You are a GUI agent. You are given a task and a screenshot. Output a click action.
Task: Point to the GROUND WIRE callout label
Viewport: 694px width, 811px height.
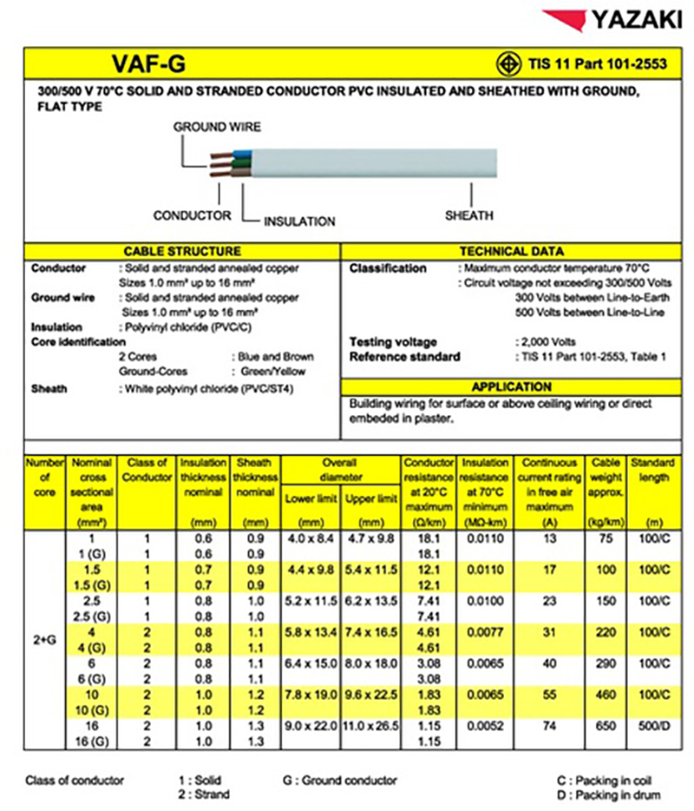pyautogui.click(x=217, y=127)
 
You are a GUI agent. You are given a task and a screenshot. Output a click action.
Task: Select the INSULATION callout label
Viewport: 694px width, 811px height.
pyautogui.click(x=299, y=221)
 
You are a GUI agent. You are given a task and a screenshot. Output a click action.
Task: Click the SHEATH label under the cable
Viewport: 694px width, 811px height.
pyautogui.click(x=468, y=215)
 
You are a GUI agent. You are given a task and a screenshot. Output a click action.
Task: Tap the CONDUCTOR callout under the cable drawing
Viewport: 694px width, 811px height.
pyautogui.click(x=192, y=215)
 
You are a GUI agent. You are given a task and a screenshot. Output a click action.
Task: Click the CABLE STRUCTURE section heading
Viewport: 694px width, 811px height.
pyautogui.click(x=182, y=251)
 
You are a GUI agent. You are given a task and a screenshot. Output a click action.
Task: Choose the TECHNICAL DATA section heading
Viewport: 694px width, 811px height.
pyautogui.click(x=516, y=251)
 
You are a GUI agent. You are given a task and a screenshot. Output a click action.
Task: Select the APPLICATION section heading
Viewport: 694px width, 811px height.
pyautogui.click(x=516, y=386)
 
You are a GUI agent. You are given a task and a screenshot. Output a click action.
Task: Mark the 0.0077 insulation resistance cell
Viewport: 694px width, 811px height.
pyautogui.click(x=486, y=632)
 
